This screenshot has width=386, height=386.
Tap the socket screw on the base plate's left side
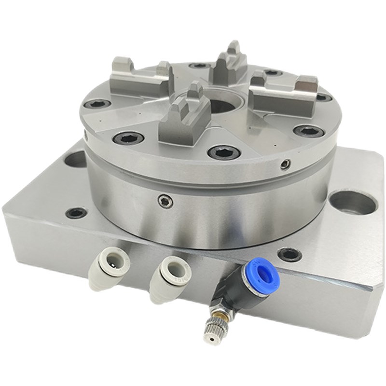[76, 213]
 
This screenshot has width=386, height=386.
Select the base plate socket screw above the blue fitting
[290, 254]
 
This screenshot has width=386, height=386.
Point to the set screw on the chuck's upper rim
[286, 165]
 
